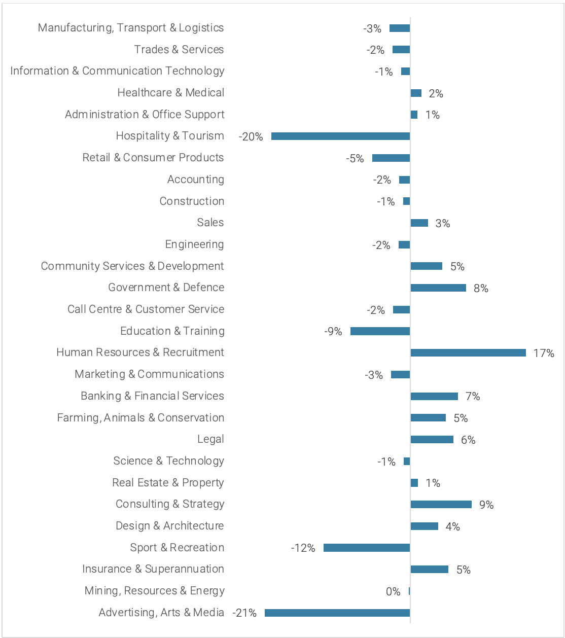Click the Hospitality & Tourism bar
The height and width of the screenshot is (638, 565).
point(340,136)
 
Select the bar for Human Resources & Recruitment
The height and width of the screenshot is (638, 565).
point(468,352)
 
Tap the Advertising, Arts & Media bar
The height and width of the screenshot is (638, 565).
point(337,613)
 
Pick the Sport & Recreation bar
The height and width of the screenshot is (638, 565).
point(367,548)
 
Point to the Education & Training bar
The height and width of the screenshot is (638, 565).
point(380,331)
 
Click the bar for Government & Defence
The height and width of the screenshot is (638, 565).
point(438,288)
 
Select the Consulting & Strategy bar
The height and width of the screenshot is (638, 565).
point(441,504)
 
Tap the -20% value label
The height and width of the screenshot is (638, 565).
point(251,136)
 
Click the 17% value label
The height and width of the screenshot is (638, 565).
point(544,353)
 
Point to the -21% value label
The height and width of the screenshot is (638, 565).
point(244,613)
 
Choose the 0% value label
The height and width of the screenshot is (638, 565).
point(393,591)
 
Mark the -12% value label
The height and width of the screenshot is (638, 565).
point(303,548)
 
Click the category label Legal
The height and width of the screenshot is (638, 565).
point(210,439)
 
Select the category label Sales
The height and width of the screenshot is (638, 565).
point(210,223)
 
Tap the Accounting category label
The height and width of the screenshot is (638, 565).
point(196,180)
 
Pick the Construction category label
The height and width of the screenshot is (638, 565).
point(192,201)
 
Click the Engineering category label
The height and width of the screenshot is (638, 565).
point(194,244)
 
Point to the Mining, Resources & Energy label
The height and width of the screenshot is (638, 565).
point(155,591)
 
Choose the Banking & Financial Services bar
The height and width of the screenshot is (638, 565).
point(434,396)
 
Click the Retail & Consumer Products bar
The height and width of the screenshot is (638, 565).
point(391,158)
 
